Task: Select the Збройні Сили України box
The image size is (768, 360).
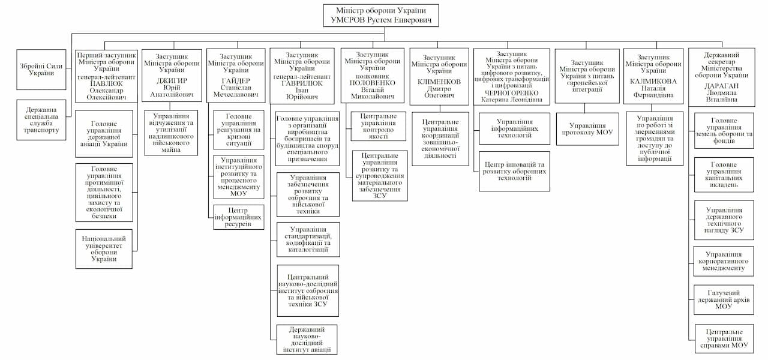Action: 41,69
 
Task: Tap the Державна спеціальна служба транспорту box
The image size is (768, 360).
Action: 41,120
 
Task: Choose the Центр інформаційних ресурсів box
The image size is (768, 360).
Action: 239,217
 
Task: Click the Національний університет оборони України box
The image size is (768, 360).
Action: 104,248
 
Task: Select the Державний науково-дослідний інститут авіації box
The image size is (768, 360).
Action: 307,339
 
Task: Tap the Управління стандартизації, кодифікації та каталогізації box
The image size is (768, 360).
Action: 308,239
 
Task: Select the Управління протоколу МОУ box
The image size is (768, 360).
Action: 586,128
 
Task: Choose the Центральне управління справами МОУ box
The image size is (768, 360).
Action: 724,339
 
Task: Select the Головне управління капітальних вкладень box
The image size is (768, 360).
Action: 724,175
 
